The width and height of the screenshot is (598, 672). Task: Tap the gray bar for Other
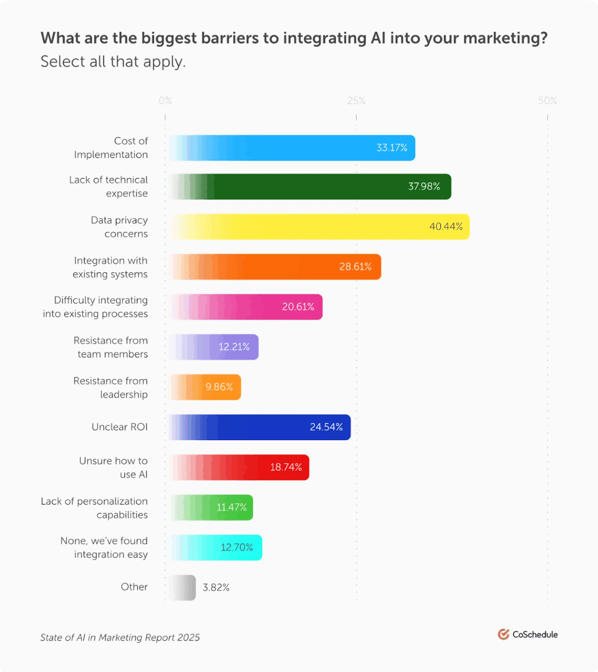click(182, 588)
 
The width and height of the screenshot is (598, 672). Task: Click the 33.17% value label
click(392, 148)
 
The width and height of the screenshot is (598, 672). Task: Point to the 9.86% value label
click(219, 387)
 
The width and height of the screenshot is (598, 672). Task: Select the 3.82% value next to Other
click(216, 588)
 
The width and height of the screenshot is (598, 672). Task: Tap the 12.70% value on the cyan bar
click(236, 548)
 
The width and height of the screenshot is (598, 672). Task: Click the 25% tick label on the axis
click(356, 101)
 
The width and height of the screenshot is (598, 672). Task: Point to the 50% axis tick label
click(547, 101)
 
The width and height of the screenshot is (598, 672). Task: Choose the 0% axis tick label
click(165, 101)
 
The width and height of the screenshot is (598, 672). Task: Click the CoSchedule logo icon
click(504, 635)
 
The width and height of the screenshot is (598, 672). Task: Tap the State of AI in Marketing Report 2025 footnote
click(120, 637)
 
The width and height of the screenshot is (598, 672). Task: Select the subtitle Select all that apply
click(113, 62)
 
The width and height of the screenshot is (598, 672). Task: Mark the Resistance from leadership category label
click(111, 387)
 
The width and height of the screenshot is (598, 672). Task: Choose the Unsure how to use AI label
click(114, 468)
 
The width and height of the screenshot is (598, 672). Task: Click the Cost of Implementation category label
click(111, 148)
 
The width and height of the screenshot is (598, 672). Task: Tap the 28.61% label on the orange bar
click(355, 267)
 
